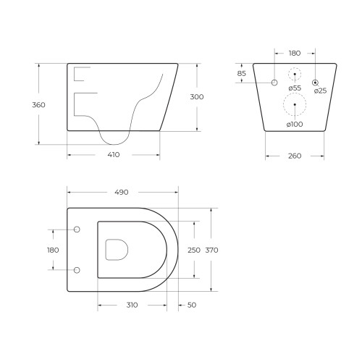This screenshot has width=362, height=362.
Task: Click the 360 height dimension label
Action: click(38, 105)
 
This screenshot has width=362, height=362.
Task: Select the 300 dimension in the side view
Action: click(197, 97)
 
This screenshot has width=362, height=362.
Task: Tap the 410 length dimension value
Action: click(114, 154)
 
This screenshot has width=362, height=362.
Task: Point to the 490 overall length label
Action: click(122, 193)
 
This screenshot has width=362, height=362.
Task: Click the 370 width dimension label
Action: click(211, 250)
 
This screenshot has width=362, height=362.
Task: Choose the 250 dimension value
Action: click(194, 250)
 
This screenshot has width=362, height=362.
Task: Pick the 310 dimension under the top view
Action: click(132, 305)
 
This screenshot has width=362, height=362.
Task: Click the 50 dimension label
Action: click(192, 305)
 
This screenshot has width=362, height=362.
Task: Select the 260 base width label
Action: click(295, 156)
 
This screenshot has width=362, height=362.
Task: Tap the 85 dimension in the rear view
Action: click(241, 73)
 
